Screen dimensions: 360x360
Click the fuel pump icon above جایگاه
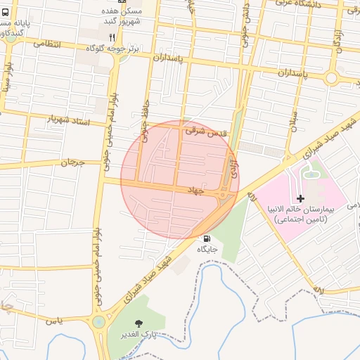(x=205, y=238)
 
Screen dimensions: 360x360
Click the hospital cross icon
(x=301, y=199)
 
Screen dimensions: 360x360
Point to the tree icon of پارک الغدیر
(x=138, y=323)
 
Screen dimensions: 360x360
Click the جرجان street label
(x=72, y=163)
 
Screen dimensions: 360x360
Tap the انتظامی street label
(x=47, y=44)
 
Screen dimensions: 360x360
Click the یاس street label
(x=54, y=321)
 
